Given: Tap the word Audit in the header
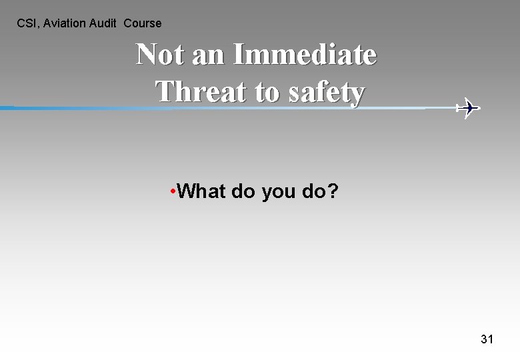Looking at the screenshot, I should tap(103, 23).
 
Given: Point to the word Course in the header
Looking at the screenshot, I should tap(143, 23).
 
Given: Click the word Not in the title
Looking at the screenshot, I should tap(160, 55).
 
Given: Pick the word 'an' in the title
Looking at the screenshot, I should tap(208, 55).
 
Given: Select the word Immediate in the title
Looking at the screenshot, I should tap(305, 55).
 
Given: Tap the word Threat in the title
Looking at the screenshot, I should tap(201, 92).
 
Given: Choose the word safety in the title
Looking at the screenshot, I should tap(327, 93).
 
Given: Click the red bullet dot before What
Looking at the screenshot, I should tap(173, 192).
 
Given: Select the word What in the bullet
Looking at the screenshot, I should tap(202, 192).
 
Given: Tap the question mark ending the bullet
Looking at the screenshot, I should tap(333, 192).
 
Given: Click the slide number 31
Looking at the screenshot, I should tap(487, 339).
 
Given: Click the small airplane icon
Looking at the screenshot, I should tap(469, 107).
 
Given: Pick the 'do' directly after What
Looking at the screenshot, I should tap(243, 192).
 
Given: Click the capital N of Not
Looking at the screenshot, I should tap(147, 55).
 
